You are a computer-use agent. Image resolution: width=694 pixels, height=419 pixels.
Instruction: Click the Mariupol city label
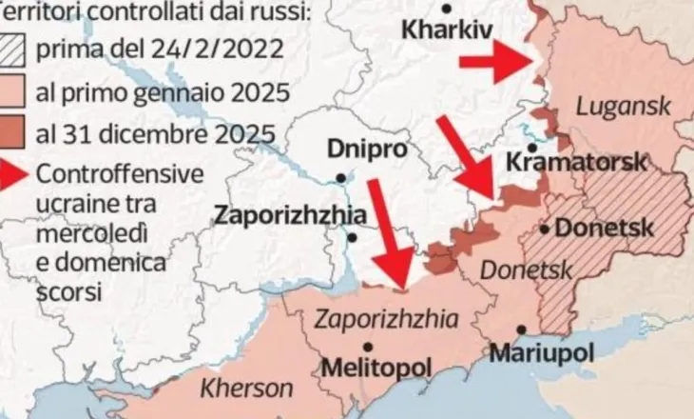543,352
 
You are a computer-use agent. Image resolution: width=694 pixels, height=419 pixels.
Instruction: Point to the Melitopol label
377,367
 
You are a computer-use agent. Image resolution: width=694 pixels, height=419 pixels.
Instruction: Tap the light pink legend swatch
14,92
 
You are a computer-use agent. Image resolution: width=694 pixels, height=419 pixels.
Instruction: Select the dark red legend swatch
14,132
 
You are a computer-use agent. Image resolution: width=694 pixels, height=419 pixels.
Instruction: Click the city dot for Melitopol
367,348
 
